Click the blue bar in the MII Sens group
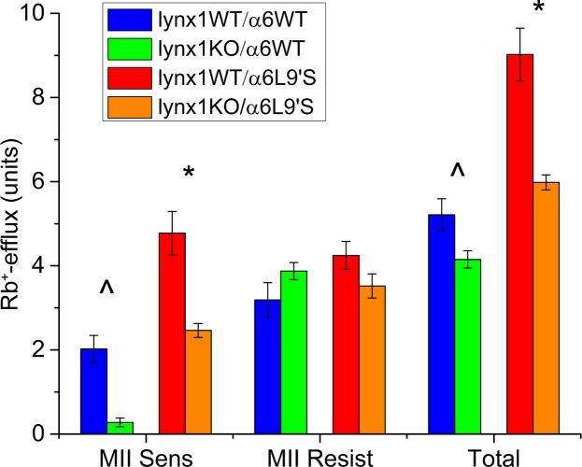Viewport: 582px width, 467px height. coord(93,391)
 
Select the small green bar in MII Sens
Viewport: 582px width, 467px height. coord(120,428)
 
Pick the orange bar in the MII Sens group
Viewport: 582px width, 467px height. coord(198,382)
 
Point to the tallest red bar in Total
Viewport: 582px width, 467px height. coord(518,244)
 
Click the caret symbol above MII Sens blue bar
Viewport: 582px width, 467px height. coord(106,290)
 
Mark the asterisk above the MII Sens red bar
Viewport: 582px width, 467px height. coord(190,174)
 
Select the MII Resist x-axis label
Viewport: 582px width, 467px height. coord(319,457)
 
